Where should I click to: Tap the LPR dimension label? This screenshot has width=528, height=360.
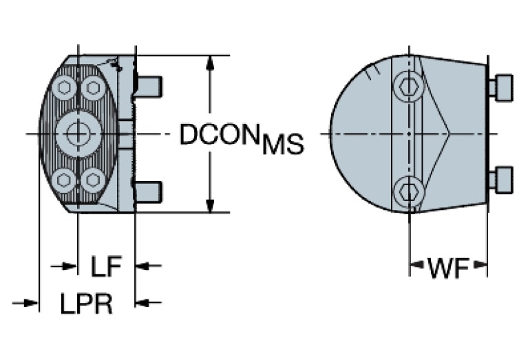(x=86, y=303)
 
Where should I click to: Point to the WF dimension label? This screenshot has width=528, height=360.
(x=448, y=268)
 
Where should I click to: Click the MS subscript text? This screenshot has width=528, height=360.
(x=282, y=145)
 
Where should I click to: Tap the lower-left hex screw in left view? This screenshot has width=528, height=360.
(x=65, y=180)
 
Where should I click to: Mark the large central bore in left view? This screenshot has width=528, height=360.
(x=78, y=133)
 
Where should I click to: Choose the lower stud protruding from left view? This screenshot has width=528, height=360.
(x=148, y=191)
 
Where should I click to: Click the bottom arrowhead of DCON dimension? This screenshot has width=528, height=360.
(x=210, y=204)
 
